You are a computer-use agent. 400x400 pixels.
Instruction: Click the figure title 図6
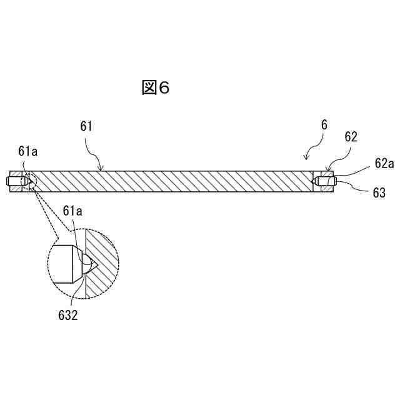(156, 88)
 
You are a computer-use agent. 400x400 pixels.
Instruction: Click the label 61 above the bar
(86, 126)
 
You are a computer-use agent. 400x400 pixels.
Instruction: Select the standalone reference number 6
(324, 124)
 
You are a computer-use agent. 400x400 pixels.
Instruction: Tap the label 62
(351, 137)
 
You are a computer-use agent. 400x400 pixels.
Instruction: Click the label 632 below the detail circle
(66, 316)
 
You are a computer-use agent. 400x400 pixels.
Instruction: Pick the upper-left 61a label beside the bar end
(27, 151)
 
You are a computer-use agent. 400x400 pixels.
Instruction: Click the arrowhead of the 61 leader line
(102, 169)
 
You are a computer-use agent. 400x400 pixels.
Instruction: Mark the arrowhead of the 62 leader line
(328, 170)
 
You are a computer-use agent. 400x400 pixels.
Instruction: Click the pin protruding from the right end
(329, 181)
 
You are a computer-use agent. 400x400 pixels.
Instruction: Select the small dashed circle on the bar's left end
(29, 181)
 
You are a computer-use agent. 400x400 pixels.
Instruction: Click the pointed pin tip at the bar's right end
(314, 181)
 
